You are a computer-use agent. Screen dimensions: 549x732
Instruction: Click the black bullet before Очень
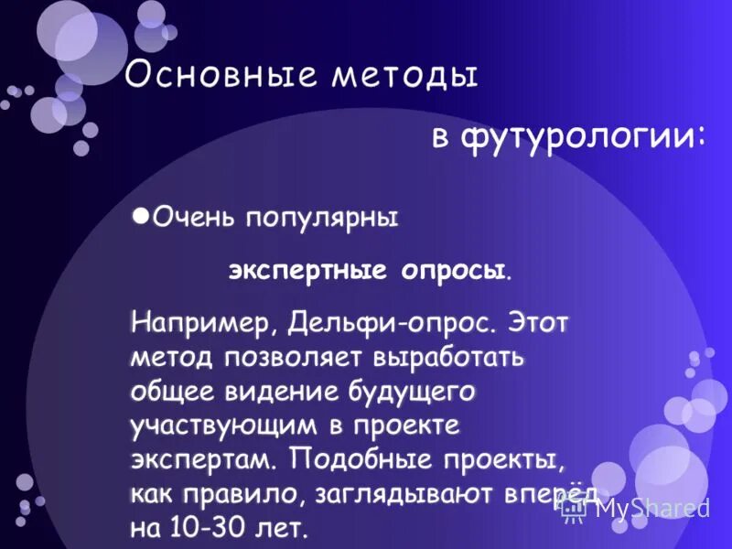(139, 215)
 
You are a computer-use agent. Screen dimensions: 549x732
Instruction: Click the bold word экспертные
(309, 272)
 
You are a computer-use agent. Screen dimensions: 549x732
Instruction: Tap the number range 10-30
(207, 528)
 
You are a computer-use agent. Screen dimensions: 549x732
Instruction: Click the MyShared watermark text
(651, 509)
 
